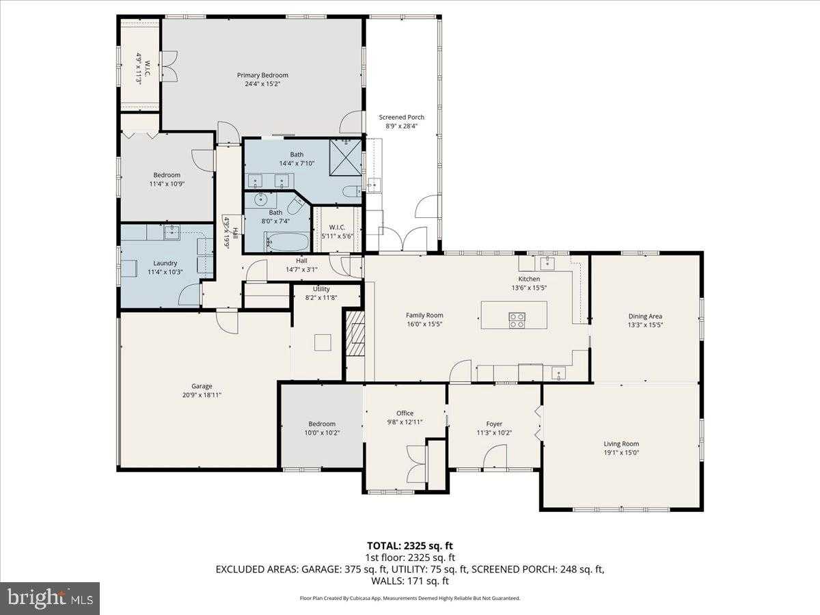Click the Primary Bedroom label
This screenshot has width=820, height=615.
262,75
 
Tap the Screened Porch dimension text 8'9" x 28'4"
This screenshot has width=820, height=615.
402,126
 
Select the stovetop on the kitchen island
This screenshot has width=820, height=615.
517,320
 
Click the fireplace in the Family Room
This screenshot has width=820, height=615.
353,333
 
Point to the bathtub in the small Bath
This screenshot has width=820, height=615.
286,242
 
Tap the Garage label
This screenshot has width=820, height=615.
202,386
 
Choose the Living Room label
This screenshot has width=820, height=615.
621,443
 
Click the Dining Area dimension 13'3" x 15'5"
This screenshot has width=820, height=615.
645,325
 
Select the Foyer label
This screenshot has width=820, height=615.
494,424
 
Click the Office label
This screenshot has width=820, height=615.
405,413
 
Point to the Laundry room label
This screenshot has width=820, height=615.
165,263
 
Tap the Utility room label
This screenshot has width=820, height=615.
321,289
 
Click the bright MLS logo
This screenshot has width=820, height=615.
50,599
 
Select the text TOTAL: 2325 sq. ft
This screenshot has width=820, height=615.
410,545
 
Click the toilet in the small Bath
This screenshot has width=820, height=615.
297,205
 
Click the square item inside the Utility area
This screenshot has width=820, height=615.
323,342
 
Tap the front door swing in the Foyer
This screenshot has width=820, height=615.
495,458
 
